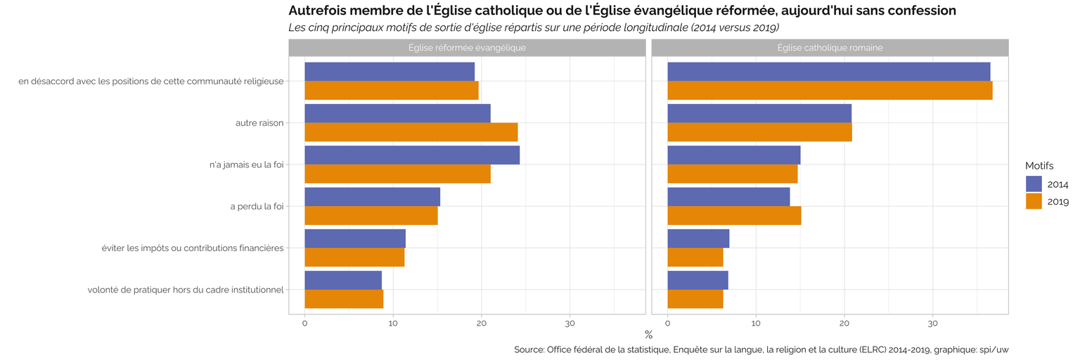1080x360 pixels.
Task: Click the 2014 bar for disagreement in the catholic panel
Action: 828,72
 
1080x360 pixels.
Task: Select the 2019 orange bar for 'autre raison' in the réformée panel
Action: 411,131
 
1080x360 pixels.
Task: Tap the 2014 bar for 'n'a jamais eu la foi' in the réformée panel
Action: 411,155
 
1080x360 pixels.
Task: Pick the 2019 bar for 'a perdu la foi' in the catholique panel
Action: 733,215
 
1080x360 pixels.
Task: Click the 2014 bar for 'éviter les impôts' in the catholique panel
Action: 697,238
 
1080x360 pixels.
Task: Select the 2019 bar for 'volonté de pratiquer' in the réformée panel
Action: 343,299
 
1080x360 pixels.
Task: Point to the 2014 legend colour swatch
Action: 1034,184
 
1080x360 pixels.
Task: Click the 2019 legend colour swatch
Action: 1034,201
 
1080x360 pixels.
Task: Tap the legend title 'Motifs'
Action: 1039,165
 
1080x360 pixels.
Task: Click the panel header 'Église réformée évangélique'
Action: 467,48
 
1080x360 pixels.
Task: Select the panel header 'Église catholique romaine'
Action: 830,48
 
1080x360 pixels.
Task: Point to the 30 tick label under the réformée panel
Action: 570,323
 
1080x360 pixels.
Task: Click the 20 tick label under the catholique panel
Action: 844,323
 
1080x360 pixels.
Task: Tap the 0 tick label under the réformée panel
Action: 304,323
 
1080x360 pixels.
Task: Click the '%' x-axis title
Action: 648,335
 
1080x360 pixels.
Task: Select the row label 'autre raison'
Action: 259,123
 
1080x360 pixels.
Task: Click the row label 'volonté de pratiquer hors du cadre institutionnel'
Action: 186,290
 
